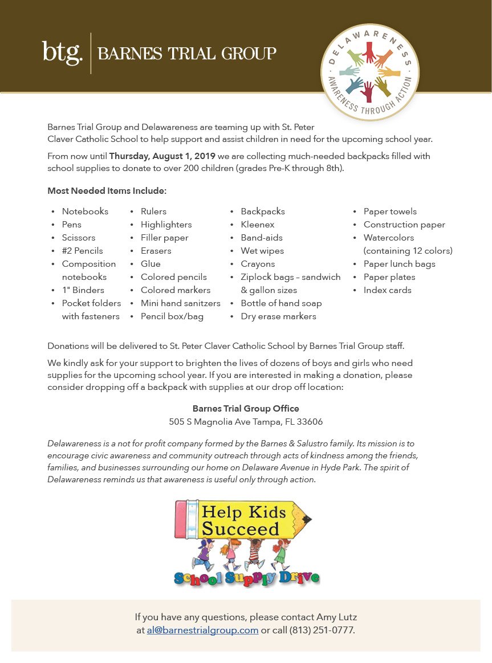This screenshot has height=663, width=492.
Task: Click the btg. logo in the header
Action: (62, 53)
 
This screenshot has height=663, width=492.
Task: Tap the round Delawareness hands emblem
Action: (369, 72)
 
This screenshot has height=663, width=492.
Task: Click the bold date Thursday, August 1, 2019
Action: (162, 156)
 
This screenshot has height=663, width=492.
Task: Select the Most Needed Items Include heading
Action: (107, 190)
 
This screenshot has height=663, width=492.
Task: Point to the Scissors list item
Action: (79, 238)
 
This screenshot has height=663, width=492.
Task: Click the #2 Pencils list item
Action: (83, 251)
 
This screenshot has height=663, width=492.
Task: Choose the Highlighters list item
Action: (166, 225)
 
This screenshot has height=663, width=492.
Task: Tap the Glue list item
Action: (151, 264)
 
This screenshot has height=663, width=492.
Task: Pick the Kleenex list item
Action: (257, 225)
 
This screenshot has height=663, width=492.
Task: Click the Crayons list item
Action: (258, 264)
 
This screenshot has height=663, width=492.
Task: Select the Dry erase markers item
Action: (278, 316)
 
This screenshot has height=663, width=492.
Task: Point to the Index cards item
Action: (387, 290)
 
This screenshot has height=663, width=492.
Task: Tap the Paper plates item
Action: (389, 277)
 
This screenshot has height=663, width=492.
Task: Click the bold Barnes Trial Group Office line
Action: (246, 409)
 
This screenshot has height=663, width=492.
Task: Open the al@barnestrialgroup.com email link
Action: (202, 631)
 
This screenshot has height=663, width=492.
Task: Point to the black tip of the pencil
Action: (308, 519)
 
